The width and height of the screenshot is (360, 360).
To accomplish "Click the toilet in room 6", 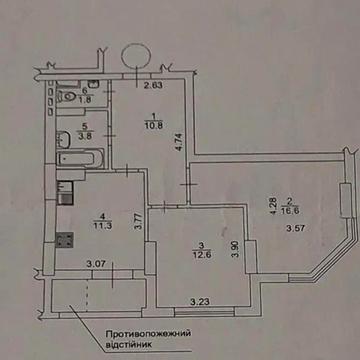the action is [x=62, y=96].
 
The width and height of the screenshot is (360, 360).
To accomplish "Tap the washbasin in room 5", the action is [x=62, y=139].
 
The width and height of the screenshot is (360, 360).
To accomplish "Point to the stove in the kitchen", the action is [x=66, y=240].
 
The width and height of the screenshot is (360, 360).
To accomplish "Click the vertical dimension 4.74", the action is [x=178, y=140].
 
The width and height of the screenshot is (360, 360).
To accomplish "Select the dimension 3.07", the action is [x=96, y=263].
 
